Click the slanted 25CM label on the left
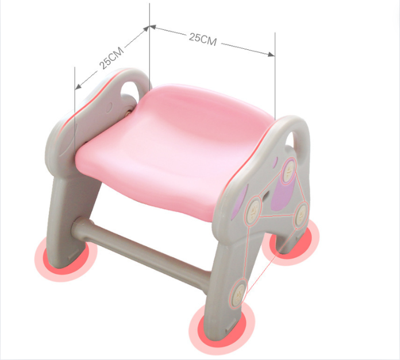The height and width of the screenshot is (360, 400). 111,58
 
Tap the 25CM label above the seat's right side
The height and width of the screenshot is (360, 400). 203,39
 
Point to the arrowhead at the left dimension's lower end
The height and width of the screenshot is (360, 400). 78,86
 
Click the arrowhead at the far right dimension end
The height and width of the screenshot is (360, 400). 271,54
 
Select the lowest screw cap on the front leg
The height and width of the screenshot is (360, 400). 240,294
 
